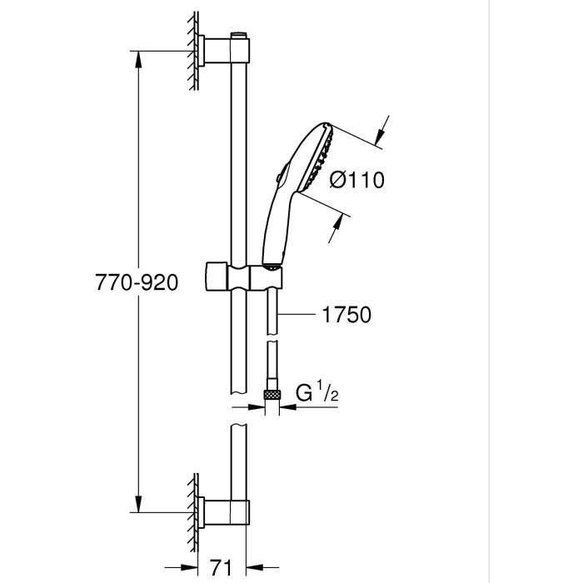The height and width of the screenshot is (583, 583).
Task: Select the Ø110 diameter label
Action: (x=356, y=179)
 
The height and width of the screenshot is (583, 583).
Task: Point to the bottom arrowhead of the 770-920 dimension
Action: (x=138, y=504)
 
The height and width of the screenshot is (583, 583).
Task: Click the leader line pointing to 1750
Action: (x=296, y=314)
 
